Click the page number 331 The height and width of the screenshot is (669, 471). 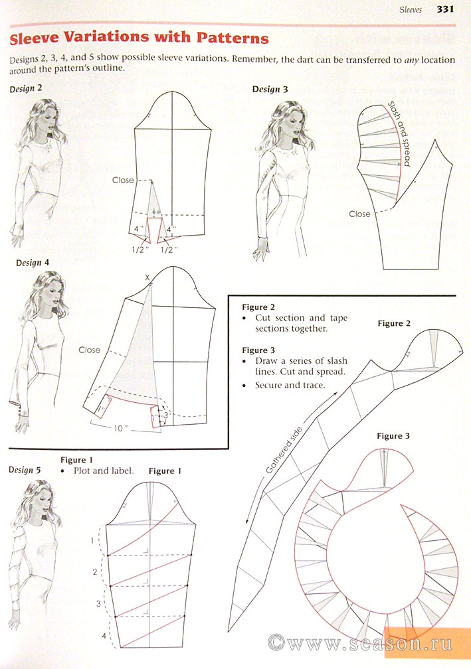click(x=444, y=9)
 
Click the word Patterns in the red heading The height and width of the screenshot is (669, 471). click(x=233, y=38)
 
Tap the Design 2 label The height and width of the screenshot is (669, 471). click(x=26, y=89)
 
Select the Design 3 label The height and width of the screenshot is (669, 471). click(x=270, y=89)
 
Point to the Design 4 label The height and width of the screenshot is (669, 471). click(x=33, y=263)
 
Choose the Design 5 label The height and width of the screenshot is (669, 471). click(x=25, y=470)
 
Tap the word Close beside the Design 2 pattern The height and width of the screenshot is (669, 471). click(x=123, y=180)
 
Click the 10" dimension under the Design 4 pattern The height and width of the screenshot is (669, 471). click(x=118, y=428)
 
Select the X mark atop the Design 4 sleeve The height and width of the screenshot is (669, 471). click(x=147, y=277)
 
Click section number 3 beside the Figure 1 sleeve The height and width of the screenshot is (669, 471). click(x=98, y=604)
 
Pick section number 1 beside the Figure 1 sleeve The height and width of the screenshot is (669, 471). click(x=92, y=540)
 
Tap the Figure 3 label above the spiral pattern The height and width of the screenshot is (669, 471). click(x=393, y=436)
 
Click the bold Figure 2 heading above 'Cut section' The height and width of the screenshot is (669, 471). click(x=258, y=307)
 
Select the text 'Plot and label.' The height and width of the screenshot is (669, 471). click(x=104, y=471)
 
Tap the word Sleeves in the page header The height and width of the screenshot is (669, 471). click(x=411, y=9)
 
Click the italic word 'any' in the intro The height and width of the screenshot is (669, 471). click(x=411, y=60)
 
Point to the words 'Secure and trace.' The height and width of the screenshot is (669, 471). click(x=290, y=385)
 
